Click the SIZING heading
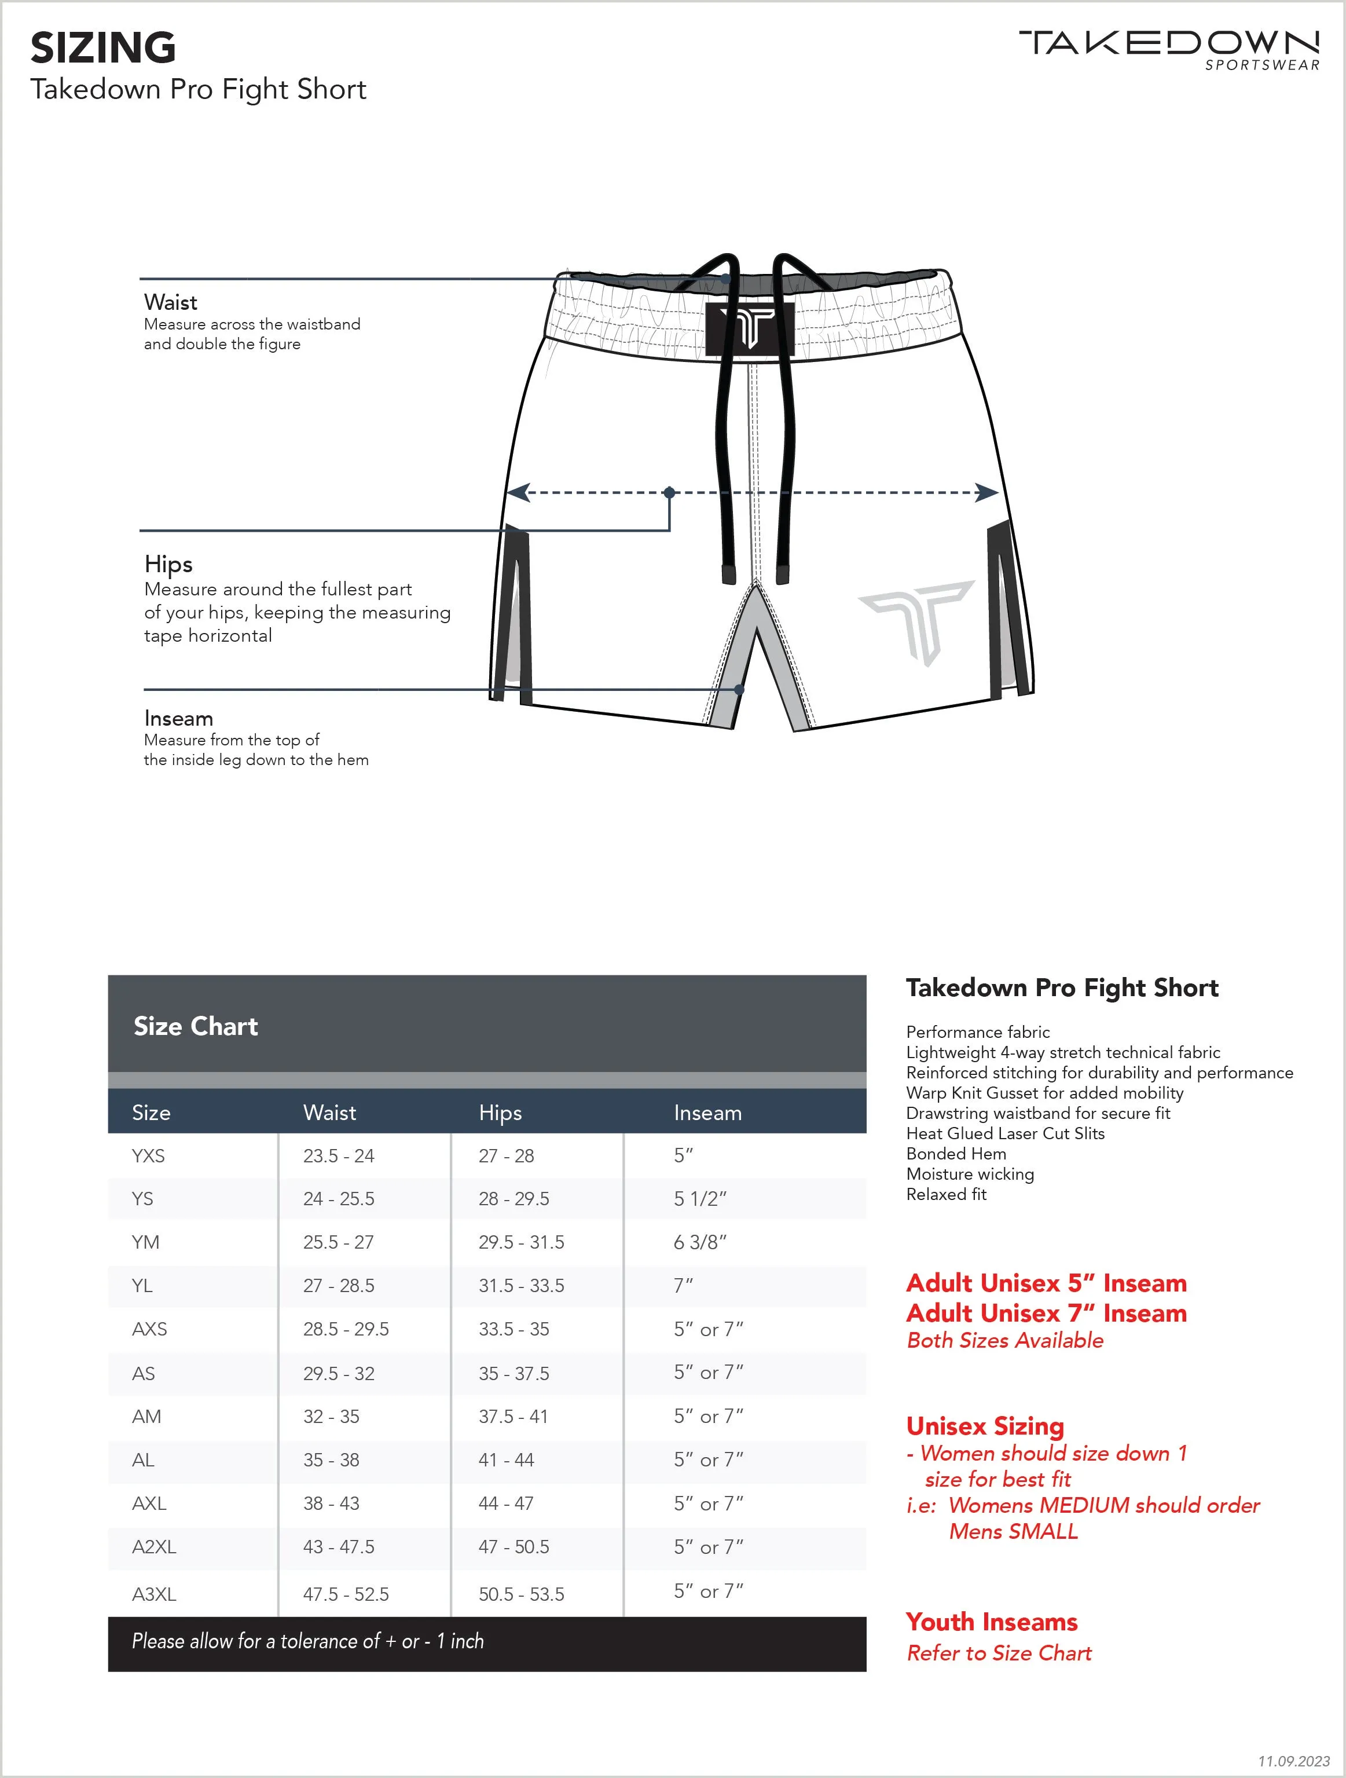click(x=103, y=47)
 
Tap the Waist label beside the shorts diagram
click(x=170, y=302)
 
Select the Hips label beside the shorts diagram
click(x=168, y=564)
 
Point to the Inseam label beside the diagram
click(x=178, y=718)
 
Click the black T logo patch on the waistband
click(x=750, y=329)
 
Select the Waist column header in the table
click(x=329, y=1113)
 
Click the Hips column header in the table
click(x=500, y=1113)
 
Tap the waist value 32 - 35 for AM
click(x=331, y=1416)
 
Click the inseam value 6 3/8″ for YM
click(x=700, y=1242)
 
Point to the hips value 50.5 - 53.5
click(x=522, y=1594)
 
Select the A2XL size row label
click(x=153, y=1546)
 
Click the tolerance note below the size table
click(x=308, y=1641)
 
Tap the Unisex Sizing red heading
click(x=985, y=1426)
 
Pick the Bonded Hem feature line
click(x=956, y=1154)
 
